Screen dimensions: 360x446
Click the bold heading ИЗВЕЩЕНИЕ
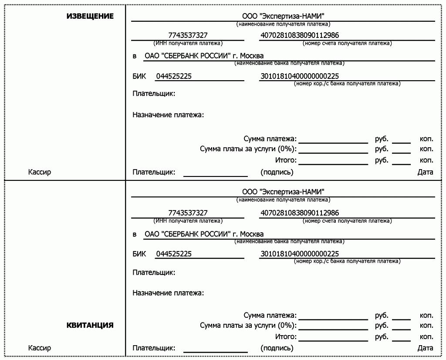click(90, 16)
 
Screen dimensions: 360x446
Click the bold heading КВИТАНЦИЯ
click(90, 325)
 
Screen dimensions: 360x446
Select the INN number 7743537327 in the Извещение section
click(188, 35)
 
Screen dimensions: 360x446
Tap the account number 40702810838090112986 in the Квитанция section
click(300, 213)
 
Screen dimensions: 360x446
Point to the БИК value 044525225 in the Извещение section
click(174, 77)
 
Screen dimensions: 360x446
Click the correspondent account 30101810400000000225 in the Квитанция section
click(300, 254)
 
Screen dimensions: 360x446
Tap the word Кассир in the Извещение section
click(40, 172)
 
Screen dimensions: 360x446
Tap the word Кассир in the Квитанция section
click(40, 348)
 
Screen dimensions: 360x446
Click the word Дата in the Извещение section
click(425, 172)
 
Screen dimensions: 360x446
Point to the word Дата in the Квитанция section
click(425, 348)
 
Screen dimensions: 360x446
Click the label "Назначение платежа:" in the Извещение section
click(168, 115)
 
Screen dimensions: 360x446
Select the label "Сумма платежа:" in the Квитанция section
click(270, 316)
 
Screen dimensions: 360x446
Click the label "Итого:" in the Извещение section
click(286, 160)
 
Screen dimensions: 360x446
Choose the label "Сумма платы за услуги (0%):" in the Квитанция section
click(248, 326)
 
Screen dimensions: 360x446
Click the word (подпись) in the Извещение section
click(277, 172)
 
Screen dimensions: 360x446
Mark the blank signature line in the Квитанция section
click(216, 351)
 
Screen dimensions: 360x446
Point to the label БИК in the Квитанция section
click(139, 254)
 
